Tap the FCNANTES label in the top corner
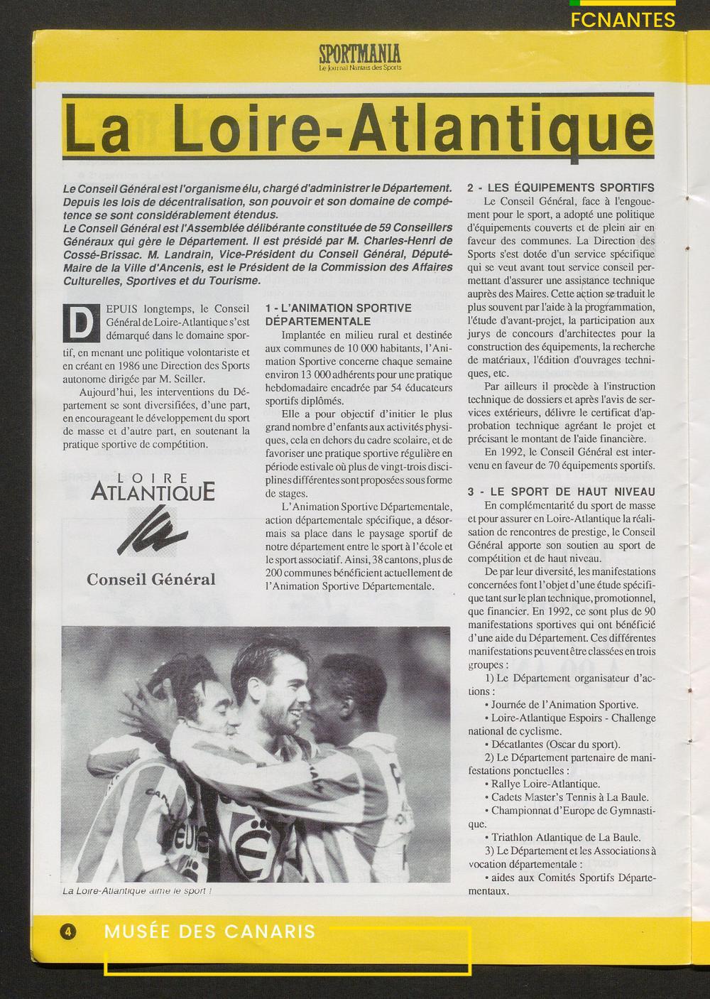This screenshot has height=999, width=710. click(x=623, y=20)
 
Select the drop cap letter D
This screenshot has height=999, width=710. click(x=79, y=324)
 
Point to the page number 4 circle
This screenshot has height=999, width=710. click(x=68, y=931)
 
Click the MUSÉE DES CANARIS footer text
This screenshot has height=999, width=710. click(x=209, y=931)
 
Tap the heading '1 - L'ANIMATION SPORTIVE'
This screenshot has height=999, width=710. click(x=338, y=308)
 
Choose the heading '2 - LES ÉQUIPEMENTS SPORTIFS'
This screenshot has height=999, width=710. click(x=560, y=188)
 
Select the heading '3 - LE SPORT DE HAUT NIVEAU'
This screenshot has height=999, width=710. click(x=561, y=492)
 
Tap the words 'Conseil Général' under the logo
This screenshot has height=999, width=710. click(x=151, y=579)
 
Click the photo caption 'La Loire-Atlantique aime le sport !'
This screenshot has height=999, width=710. click(x=134, y=891)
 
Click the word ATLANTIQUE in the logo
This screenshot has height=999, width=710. click(x=153, y=492)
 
